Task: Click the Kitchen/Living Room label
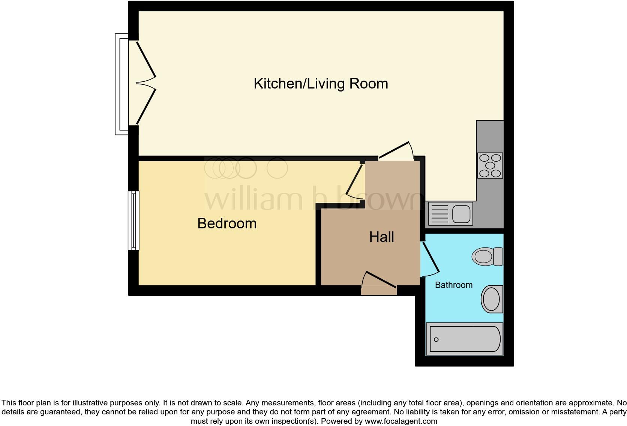click(x=321, y=83)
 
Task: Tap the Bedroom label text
click(x=227, y=223)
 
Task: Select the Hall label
click(x=381, y=237)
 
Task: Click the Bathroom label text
click(x=453, y=285)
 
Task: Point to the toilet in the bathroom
click(x=487, y=256)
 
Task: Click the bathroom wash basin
click(x=492, y=299)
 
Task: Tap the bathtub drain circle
click(x=436, y=340)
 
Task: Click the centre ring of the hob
click(x=490, y=165)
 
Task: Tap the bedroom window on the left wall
click(x=133, y=220)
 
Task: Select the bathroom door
click(x=430, y=258)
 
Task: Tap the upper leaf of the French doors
click(x=146, y=59)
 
